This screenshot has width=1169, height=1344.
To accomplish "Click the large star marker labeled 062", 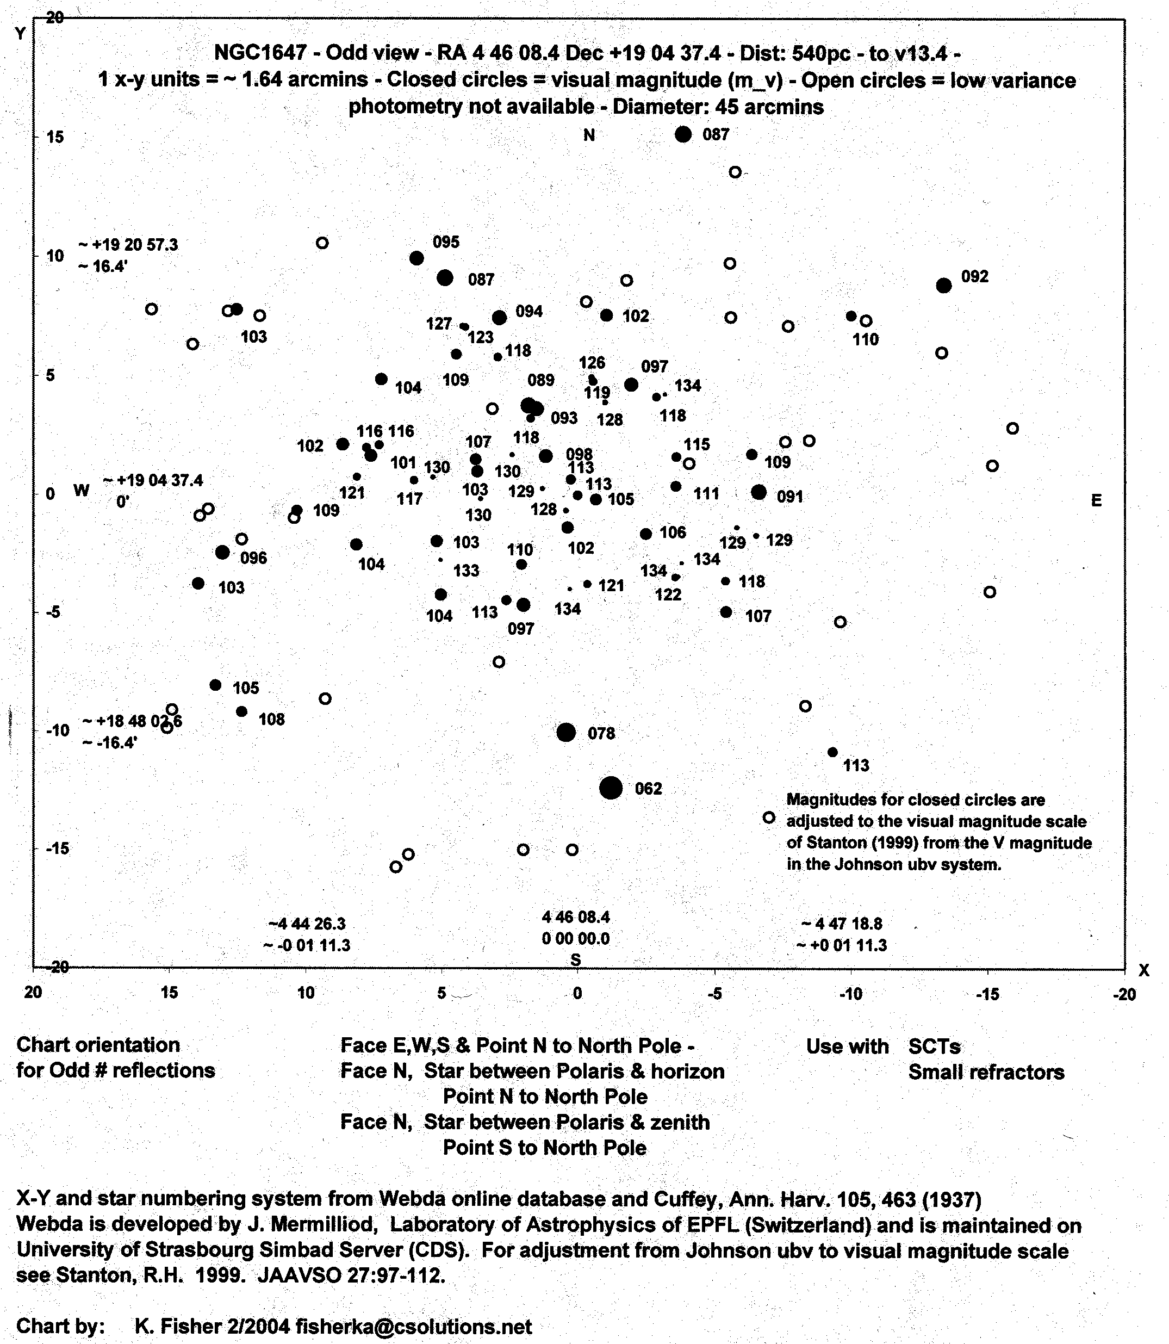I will [x=611, y=788].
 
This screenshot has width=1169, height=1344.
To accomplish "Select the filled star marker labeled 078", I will [x=566, y=732].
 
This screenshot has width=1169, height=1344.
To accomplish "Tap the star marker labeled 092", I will [x=943, y=285].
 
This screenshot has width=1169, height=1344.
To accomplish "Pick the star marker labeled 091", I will [x=758, y=492].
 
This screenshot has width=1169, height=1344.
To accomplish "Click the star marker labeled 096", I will [x=222, y=552].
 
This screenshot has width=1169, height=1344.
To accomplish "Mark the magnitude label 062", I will [x=649, y=789].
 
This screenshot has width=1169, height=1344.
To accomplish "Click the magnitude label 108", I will [x=271, y=720].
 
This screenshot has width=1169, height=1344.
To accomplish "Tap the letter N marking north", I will [x=589, y=135].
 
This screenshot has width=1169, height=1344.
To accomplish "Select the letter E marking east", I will [x=1097, y=500].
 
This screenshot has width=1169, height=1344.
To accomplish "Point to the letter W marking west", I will [x=81, y=491].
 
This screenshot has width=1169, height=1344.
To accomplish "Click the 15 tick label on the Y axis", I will [x=55, y=137].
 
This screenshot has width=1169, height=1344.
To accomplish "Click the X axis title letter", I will [x=1143, y=970].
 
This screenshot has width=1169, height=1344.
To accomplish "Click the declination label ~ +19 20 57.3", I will [x=128, y=245].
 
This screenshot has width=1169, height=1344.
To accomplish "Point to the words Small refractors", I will [x=986, y=1072].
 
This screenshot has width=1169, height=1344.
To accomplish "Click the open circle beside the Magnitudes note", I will [x=769, y=817].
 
